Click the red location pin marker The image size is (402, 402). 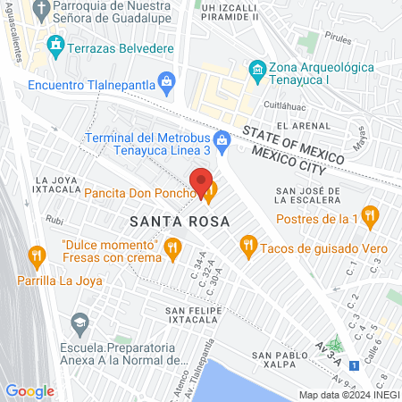point(202,180)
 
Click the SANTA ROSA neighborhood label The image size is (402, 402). point(179,220)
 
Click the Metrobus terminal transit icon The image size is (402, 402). point(222,138)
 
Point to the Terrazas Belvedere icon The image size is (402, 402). point(55,44)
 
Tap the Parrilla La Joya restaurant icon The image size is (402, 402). point(36,256)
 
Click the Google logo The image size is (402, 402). point(29,390)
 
